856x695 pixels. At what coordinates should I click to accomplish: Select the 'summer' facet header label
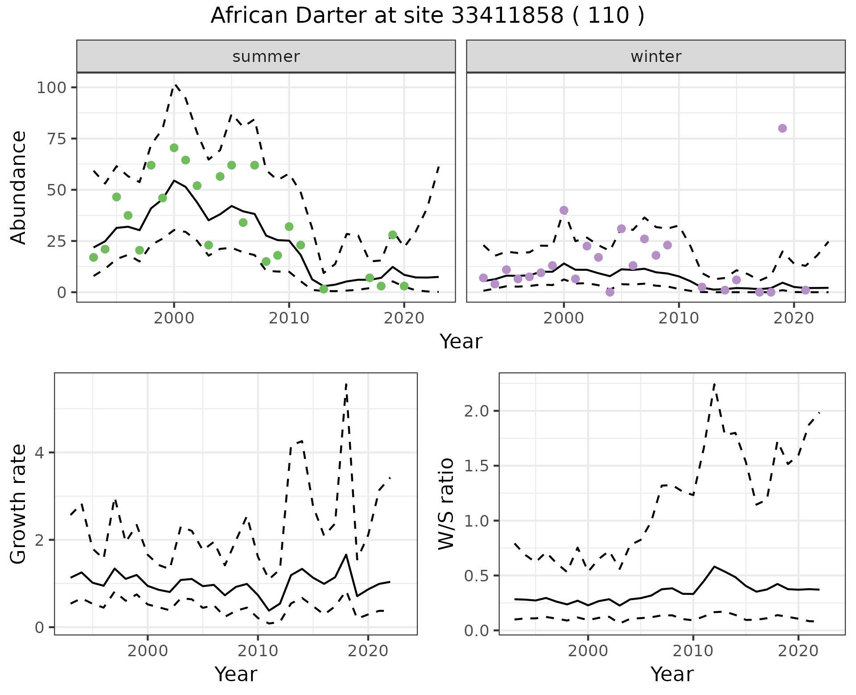(x=266, y=57)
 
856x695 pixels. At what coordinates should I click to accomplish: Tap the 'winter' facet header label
(x=656, y=57)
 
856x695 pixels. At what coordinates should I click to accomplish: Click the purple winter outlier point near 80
(x=782, y=128)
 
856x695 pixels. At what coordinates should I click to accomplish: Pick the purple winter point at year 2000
(x=564, y=210)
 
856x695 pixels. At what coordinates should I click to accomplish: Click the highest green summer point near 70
(x=174, y=148)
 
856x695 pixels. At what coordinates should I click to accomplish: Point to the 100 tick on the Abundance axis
(x=53, y=87)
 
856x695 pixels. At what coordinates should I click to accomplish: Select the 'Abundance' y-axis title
(x=19, y=188)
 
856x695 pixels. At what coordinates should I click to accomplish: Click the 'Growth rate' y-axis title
(x=19, y=504)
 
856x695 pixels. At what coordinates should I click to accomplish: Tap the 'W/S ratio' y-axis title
(x=446, y=504)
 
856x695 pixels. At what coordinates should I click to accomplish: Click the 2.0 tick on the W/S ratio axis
(x=477, y=411)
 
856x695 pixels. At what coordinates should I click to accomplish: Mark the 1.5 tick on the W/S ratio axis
(x=477, y=466)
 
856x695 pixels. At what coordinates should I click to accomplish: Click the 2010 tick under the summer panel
(x=289, y=318)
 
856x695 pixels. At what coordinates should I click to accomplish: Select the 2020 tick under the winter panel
(x=794, y=318)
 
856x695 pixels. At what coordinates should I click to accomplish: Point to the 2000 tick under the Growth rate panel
(x=148, y=651)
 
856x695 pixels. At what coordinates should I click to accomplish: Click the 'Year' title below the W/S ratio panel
(x=672, y=674)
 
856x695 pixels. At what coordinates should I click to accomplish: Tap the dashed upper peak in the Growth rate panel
(x=346, y=384)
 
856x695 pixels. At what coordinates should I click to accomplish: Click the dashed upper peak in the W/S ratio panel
(x=714, y=384)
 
